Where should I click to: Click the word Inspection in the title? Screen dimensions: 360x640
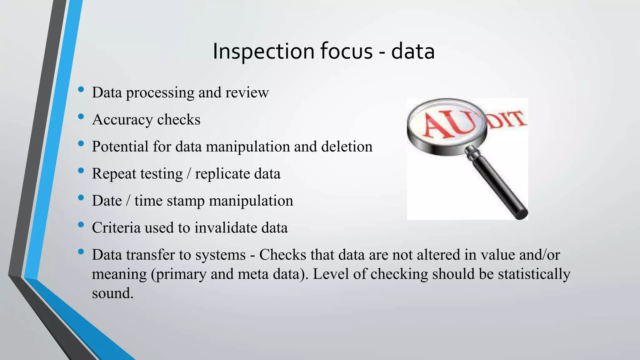(263, 51)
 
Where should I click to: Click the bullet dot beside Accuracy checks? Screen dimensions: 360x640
(81, 117)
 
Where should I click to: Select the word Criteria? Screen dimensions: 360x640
(116, 227)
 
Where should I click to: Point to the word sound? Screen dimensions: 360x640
(112, 293)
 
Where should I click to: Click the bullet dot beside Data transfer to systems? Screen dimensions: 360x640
(81, 252)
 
